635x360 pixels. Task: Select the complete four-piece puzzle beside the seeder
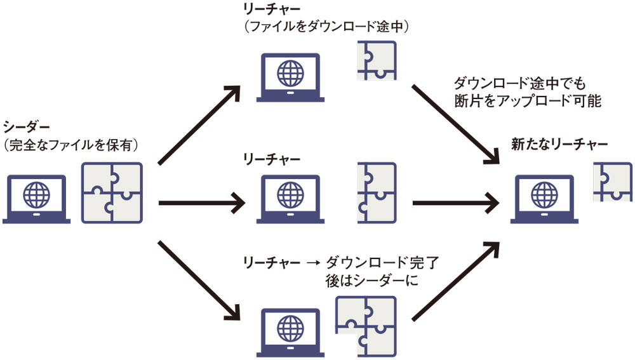tap(112, 192)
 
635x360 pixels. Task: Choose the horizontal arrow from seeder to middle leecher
tap(201, 204)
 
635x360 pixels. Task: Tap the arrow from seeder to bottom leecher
tap(199, 279)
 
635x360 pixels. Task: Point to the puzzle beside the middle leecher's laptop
tap(377, 192)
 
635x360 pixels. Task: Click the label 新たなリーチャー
tap(559, 145)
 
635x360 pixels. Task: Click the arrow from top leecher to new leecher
tap(454, 123)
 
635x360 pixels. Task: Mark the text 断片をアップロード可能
tap(527, 101)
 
